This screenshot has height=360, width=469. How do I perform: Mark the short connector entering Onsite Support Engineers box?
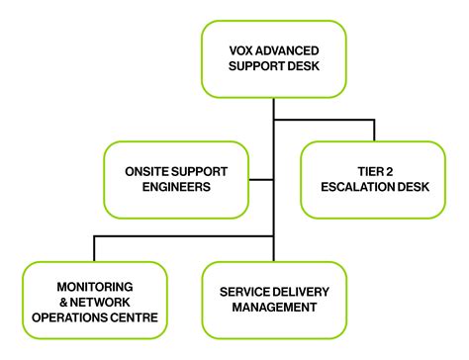click(260, 180)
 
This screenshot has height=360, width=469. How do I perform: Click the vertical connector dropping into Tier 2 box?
click(375, 130)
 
